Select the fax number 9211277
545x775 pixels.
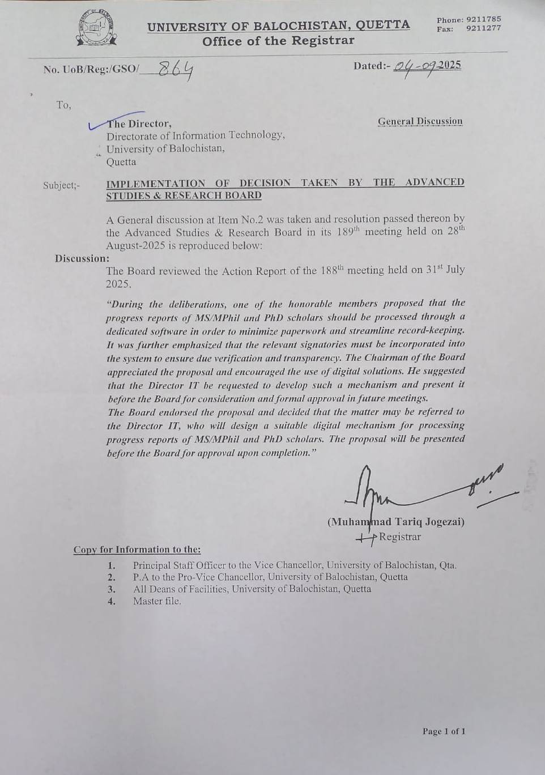483,28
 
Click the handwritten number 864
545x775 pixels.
175,70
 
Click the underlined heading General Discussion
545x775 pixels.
420,121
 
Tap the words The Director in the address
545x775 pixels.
139,124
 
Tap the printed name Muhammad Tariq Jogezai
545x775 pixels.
395,522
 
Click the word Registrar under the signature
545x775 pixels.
399,536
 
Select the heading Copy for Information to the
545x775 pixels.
137,550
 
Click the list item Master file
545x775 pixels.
157,601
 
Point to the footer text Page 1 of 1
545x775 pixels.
444,731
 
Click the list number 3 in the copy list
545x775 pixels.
112,589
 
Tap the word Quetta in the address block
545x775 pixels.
121,162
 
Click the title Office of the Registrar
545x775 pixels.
278,41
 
